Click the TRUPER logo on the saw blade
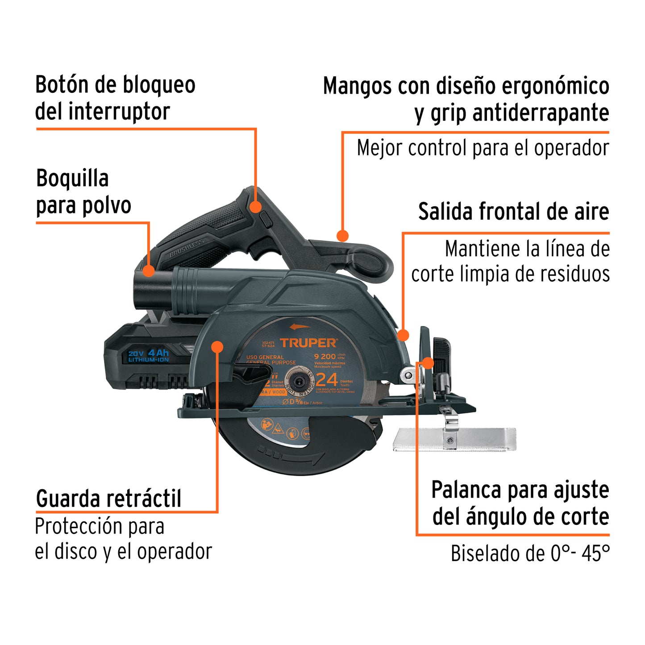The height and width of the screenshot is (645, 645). click(x=308, y=343)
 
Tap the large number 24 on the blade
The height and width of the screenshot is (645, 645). click(x=327, y=380)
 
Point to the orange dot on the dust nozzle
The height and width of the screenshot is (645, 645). click(x=148, y=270)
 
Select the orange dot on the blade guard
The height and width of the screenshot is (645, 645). click(x=217, y=347)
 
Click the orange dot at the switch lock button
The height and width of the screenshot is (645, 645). click(x=255, y=206)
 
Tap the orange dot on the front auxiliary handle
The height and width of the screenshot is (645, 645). click(x=342, y=236)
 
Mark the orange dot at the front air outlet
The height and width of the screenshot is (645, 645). click(x=403, y=335)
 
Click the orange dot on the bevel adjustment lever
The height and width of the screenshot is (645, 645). click(x=428, y=363)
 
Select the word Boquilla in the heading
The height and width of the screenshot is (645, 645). click(x=72, y=179)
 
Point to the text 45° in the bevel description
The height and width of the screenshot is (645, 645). click(x=595, y=553)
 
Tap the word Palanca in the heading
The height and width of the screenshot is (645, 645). click(x=466, y=490)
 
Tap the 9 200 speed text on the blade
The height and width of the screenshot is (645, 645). click(x=325, y=356)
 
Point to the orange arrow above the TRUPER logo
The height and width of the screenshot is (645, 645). click(x=300, y=327)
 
